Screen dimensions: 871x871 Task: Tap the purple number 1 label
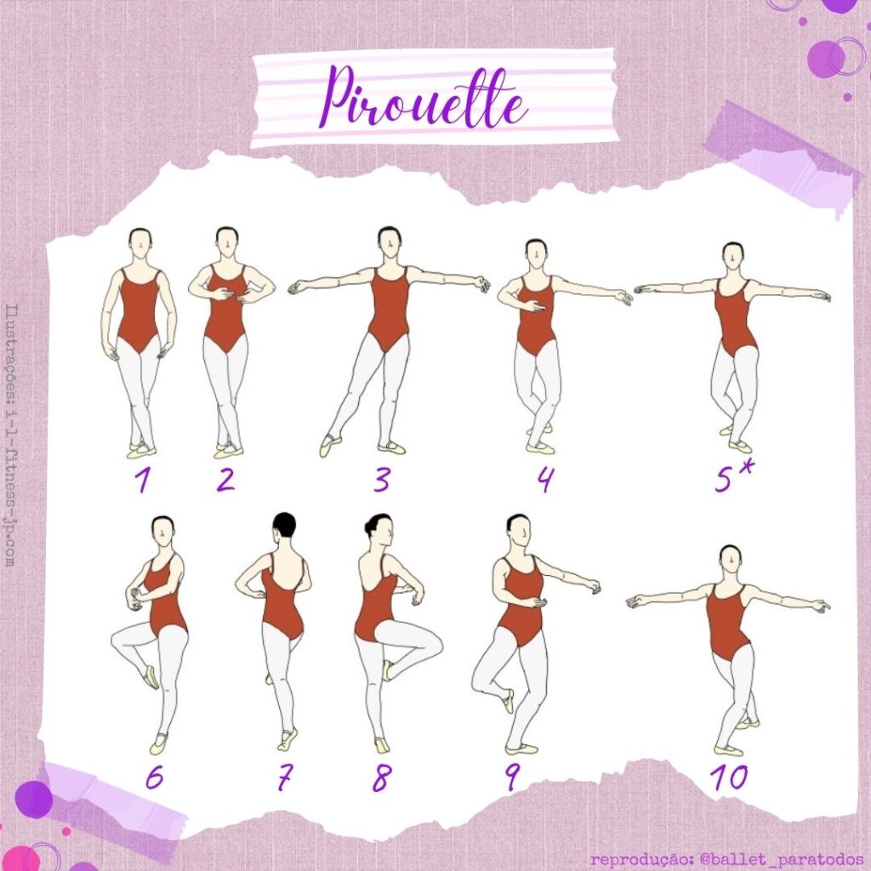pyautogui.click(x=141, y=481)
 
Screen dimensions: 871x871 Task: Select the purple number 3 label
pyautogui.click(x=382, y=481)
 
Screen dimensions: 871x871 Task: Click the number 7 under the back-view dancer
pyautogui.click(x=284, y=778)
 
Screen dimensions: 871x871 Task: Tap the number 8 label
pyautogui.click(x=379, y=778)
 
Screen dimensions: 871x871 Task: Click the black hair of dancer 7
pyautogui.click(x=283, y=524)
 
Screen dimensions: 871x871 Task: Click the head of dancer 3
pyautogui.click(x=389, y=242)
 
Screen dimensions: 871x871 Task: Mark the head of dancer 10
pyautogui.click(x=729, y=558)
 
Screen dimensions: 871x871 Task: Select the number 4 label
pyautogui.click(x=544, y=481)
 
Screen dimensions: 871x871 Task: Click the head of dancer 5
pyautogui.click(x=733, y=256)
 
